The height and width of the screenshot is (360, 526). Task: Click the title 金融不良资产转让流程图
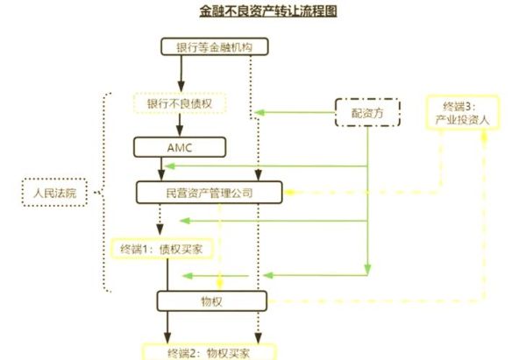(x=263, y=11)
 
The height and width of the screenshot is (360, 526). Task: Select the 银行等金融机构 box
(x=210, y=47)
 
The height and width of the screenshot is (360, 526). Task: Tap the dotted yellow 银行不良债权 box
(x=181, y=103)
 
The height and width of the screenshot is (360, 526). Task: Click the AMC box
(x=181, y=146)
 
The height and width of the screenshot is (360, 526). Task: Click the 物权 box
(x=210, y=301)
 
